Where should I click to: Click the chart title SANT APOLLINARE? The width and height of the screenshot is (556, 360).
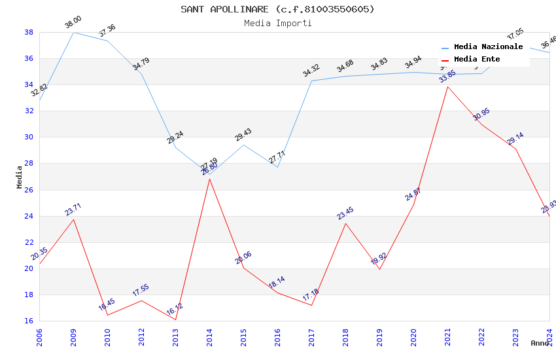[277, 9]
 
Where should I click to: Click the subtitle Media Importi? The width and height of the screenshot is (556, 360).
[277, 24]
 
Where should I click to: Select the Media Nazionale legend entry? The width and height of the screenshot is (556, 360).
[488, 47]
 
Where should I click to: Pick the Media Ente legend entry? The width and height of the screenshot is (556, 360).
[477, 60]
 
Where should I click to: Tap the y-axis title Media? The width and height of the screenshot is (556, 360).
[20, 177]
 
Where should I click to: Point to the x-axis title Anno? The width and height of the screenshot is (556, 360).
[540, 343]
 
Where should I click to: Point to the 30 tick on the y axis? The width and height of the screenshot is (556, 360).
[29, 137]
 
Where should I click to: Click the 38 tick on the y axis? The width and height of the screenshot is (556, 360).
[29, 32]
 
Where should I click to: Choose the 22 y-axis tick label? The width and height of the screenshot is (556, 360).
[29, 242]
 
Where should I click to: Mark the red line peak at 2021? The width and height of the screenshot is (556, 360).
[447, 86]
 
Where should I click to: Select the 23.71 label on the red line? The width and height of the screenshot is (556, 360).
[73, 209]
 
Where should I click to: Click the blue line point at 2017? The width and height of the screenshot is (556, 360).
[311, 81]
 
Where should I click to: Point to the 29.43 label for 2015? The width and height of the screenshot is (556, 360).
[243, 135]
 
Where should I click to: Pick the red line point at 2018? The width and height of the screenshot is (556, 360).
[345, 223]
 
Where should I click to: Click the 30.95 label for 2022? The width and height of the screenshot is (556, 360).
[481, 115]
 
